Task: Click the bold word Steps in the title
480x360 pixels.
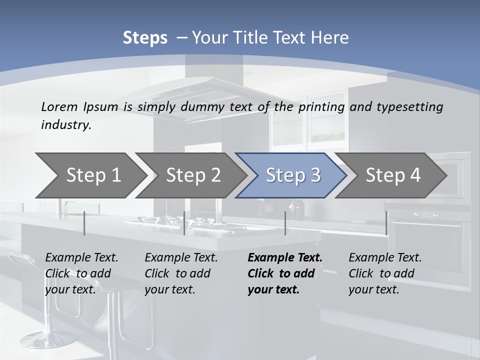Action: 145,38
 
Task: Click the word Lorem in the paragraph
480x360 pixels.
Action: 59,107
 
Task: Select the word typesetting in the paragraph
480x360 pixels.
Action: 412,107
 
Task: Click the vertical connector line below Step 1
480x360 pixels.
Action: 84,223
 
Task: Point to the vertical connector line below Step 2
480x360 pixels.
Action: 184,223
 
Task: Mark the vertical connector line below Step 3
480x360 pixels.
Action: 285,223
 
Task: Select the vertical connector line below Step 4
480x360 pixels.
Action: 386,223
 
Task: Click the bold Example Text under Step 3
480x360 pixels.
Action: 285,258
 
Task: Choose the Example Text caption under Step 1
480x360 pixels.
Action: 81,258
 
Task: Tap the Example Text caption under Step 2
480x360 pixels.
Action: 181,258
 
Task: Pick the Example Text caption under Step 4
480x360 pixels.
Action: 385,258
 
